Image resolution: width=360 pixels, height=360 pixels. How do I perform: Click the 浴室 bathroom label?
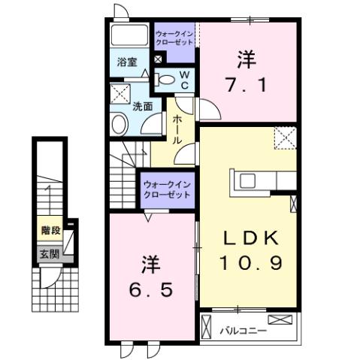coord(126,62)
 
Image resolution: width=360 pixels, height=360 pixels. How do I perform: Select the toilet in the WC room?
coord(165,80)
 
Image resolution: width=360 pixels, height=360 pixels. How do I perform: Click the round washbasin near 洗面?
coord(119,124)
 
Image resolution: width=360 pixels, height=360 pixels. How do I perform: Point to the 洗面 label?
coord(143,107)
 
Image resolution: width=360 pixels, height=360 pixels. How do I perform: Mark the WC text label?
coord(185,78)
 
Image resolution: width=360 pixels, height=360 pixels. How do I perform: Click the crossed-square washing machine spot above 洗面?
coord(119,93)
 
